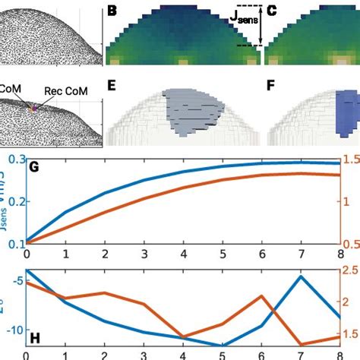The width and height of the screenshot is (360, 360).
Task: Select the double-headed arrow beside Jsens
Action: pos(261,26)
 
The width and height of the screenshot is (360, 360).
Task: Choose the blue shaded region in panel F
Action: pos(349,114)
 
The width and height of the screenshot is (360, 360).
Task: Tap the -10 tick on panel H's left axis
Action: pos(13,330)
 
